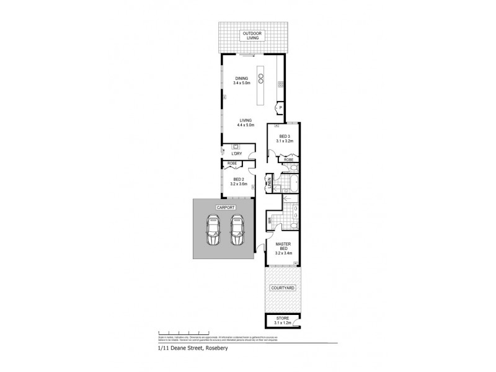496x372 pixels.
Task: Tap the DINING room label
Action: click(x=241, y=81)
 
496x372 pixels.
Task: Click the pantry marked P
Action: click(x=280, y=107)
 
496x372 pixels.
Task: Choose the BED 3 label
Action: click(x=285, y=139)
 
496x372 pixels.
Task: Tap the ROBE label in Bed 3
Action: click(x=288, y=159)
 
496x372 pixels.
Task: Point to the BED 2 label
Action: click(x=239, y=182)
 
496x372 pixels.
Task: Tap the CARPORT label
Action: click(x=224, y=207)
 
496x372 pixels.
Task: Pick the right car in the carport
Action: click(x=237, y=231)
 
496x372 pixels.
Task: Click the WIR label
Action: click(x=270, y=219)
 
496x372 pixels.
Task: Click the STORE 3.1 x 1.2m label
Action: click(x=282, y=321)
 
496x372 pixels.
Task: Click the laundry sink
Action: click(x=236, y=147)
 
